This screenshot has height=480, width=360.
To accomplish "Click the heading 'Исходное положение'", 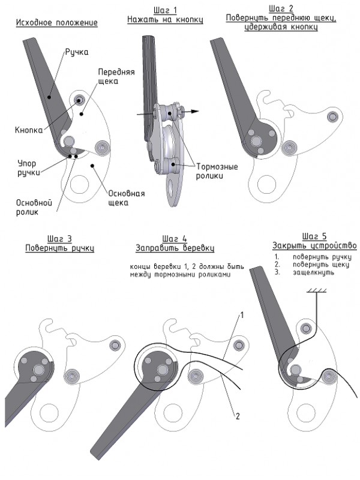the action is (x=56, y=23).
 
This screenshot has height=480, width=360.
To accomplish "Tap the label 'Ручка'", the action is (x=77, y=52).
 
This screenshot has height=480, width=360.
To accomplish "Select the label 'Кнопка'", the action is (x=29, y=130).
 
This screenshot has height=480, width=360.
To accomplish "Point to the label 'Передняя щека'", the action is (x=116, y=77).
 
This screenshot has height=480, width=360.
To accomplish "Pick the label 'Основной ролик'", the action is (x=34, y=207).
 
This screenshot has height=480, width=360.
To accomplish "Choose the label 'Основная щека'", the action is (x=127, y=198).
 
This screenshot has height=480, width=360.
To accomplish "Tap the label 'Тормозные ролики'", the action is (x=217, y=172).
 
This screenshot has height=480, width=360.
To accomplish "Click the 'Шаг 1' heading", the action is (x=166, y=11).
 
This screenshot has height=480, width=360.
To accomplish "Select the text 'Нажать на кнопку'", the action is (x=165, y=20).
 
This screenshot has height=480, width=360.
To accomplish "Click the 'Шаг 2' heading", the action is (x=281, y=9).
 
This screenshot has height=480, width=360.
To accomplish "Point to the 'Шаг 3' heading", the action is (x=59, y=239).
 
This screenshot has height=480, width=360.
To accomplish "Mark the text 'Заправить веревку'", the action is (x=175, y=248).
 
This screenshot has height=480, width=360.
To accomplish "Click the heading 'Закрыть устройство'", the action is (x=314, y=246).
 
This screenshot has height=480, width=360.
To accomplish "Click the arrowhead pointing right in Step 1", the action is (x=195, y=112).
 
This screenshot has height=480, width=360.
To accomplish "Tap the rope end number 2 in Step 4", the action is (x=238, y=416).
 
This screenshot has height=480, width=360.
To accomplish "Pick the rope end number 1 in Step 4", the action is (x=242, y=315).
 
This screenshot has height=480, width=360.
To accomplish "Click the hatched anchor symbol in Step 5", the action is (x=317, y=290).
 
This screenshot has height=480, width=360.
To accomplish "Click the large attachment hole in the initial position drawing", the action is (x=79, y=185).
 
